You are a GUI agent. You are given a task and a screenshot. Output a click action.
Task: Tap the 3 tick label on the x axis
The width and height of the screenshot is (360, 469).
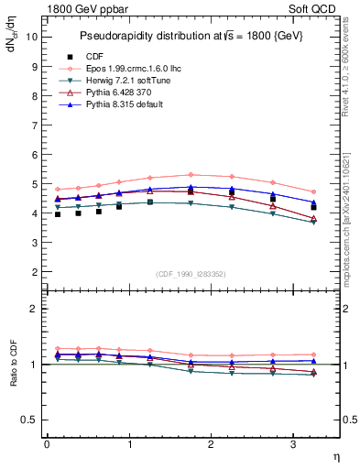(294, 444)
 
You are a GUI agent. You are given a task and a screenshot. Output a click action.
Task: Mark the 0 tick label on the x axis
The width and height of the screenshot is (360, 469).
(47, 444)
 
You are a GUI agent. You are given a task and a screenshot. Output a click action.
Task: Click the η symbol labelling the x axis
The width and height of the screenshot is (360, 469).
(335, 457)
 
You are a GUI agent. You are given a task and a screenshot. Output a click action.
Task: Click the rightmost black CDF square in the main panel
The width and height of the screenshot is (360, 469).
(313, 208)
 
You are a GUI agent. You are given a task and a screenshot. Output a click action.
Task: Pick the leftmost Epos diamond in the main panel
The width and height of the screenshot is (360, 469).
(58, 190)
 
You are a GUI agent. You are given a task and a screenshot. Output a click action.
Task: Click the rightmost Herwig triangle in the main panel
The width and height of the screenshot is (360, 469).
(313, 222)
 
